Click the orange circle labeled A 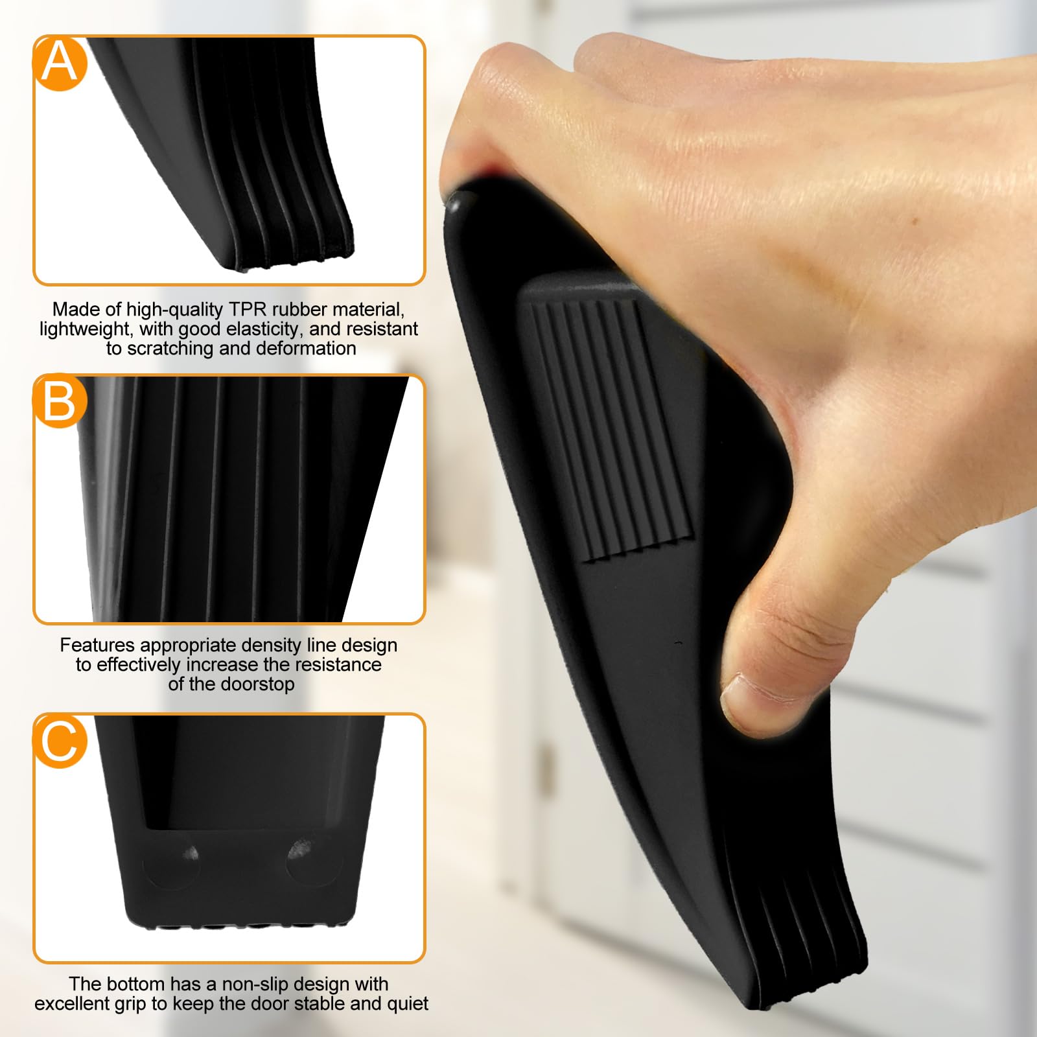[60, 64]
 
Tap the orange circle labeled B [60, 401]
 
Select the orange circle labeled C [60, 740]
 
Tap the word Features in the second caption [98, 645]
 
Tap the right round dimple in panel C [299, 850]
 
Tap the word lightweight [86, 329]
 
